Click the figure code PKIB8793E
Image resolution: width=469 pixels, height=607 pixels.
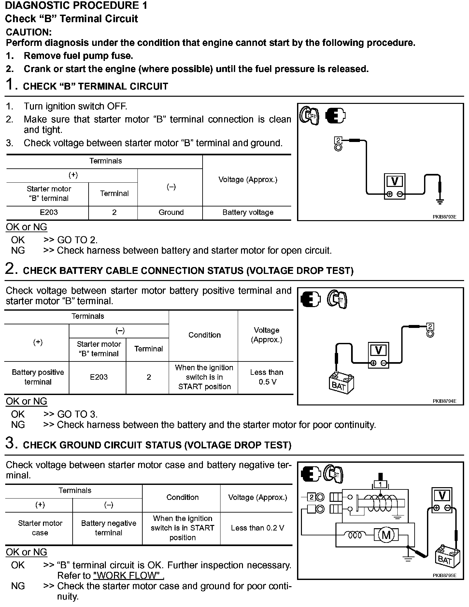[x=444, y=217]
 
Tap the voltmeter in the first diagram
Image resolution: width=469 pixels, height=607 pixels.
[x=394, y=186]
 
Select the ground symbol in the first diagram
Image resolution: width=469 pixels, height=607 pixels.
[x=440, y=201]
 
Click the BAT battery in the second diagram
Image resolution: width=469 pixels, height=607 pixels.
[x=341, y=383]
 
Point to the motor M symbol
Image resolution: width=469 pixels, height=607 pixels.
[x=386, y=535]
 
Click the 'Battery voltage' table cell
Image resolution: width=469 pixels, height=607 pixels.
[x=248, y=212]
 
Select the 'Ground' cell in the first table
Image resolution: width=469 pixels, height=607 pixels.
[x=171, y=212]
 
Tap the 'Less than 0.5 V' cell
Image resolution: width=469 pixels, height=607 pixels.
[x=266, y=377]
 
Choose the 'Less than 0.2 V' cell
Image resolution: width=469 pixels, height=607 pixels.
[x=257, y=528]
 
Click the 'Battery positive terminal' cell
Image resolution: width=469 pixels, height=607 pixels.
[x=38, y=377]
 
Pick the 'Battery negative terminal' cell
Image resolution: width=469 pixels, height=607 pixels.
[x=108, y=528]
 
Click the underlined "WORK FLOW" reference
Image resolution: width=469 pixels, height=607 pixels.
[x=128, y=575]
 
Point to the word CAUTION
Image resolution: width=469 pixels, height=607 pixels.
[x=29, y=32]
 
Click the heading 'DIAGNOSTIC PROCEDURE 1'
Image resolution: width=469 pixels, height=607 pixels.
[x=77, y=6]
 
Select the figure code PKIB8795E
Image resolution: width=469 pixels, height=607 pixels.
[x=444, y=575]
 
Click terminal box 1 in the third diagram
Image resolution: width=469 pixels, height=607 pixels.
[x=380, y=485]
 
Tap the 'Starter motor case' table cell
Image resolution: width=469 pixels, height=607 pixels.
[x=40, y=528]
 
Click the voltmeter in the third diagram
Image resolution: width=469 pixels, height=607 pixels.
[x=442, y=500]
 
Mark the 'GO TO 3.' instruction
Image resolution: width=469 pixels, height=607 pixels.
[x=78, y=414]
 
